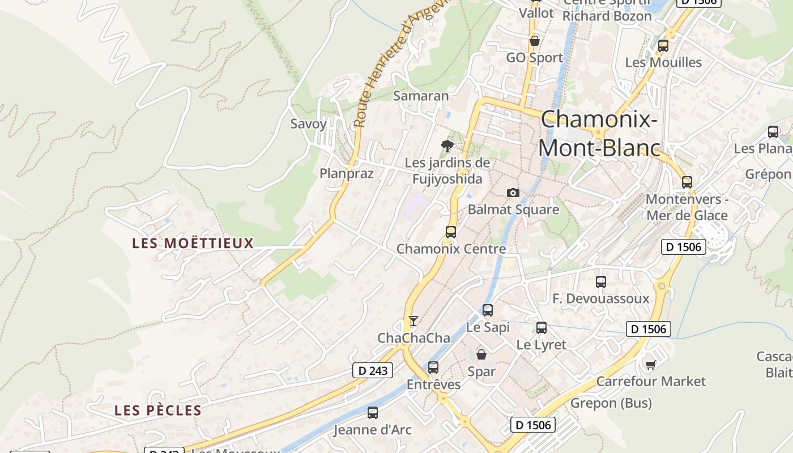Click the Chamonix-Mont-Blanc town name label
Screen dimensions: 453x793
click(x=599, y=134)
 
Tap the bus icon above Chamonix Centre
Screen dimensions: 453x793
click(x=451, y=232)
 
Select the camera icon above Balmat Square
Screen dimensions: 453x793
click(x=513, y=193)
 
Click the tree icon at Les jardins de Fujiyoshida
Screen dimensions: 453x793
click(x=447, y=146)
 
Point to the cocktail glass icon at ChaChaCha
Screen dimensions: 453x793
click(x=413, y=321)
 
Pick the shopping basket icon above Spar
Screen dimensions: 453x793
click(x=481, y=354)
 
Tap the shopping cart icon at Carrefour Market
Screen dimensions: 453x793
click(x=650, y=365)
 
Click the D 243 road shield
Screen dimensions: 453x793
click(x=373, y=370)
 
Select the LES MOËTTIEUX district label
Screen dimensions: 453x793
click(x=193, y=243)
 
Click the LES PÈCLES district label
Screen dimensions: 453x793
click(x=158, y=411)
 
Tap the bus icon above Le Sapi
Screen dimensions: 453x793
click(x=488, y=310)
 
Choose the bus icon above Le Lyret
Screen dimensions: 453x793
click(x=542, y=327)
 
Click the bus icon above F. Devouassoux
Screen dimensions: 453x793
click(x=601, y=281)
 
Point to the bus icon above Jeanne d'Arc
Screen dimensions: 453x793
click(x=373, y=413)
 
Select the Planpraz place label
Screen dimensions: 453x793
click(x=347, y=173)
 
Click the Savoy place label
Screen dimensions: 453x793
click(x=308, y=124)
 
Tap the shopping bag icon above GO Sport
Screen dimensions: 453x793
click(x=534, y=41)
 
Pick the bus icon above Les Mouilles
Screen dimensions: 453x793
click(x=663, y=46)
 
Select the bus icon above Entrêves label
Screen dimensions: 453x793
click(x=433, y=367)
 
